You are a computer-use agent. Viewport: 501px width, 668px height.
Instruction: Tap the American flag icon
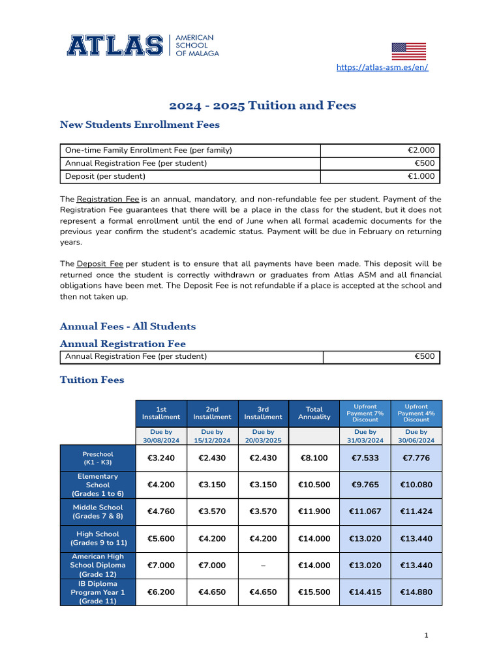(408, 52)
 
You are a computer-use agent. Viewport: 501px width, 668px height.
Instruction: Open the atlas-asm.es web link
(382, 67)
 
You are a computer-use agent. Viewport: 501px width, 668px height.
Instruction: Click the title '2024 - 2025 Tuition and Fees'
(263, 105)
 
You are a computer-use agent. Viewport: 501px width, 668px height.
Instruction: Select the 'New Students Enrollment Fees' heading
(140, 124)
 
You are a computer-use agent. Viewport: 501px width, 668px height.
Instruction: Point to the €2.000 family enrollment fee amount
(421, 151)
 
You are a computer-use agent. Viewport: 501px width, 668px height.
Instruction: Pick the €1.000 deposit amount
(421, 176)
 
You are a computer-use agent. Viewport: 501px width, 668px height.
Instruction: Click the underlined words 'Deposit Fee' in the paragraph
(100, 264)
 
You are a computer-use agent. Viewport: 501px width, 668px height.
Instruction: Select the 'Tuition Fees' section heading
(92, 379)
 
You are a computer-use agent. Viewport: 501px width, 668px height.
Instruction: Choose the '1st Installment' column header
(161, 413)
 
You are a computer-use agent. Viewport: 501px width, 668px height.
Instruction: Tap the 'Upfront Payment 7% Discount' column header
(365, 413)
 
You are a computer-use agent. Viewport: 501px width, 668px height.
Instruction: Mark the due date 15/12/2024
(212, 436)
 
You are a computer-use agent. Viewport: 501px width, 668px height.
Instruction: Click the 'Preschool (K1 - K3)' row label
(97, 458)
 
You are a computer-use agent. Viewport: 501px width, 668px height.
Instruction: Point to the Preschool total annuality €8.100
(314, 458)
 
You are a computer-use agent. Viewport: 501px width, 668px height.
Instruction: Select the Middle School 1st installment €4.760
(161, 511)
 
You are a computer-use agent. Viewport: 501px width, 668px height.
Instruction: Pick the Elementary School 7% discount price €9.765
(365, 485)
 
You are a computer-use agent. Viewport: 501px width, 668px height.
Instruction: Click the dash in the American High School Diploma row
(263, 566)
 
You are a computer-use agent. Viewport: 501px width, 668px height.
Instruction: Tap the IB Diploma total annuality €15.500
(314, 592)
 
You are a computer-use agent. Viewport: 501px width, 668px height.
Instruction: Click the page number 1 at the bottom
(426, 635)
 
